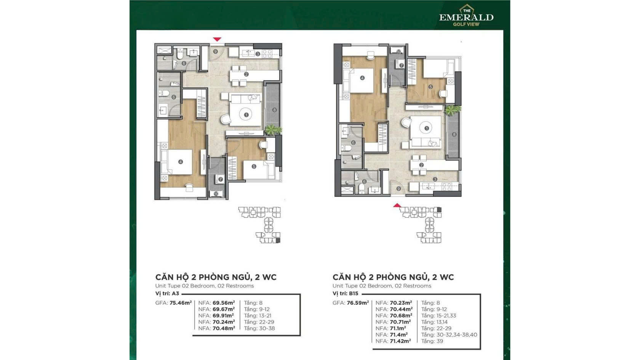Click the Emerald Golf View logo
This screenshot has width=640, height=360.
click(x=466, y=16)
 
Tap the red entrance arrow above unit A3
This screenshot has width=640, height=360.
click(x=217, y=39)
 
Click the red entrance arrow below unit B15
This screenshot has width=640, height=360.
click(x=397, y=205)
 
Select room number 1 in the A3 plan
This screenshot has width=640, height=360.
click(x=246, y=115)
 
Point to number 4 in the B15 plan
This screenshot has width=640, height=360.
click(x=362, y=78)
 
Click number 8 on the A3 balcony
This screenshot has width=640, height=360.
click(x=274, y=110)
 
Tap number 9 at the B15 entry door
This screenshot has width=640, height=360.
click(x=398, y=189)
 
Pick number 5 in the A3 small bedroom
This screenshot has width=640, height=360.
click(x=254, y=166)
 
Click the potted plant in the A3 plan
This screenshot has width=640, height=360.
click(x=273, y=130)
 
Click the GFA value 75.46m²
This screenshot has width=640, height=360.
click(x=181, y=303)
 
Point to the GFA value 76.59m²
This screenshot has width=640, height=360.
click(x=358, y=303)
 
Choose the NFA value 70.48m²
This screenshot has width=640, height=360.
click(x=224, y=328)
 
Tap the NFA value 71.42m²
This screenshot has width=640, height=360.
click(x=400, y=341)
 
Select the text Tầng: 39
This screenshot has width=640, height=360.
click(x=432, y=341)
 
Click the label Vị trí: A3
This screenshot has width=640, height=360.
click(x=167, y=293)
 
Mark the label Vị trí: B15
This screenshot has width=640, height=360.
click(x=345, y=293)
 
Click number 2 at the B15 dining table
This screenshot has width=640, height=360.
click(x=421, y=165)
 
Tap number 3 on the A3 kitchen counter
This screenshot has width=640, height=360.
click(x=258, y=54)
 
